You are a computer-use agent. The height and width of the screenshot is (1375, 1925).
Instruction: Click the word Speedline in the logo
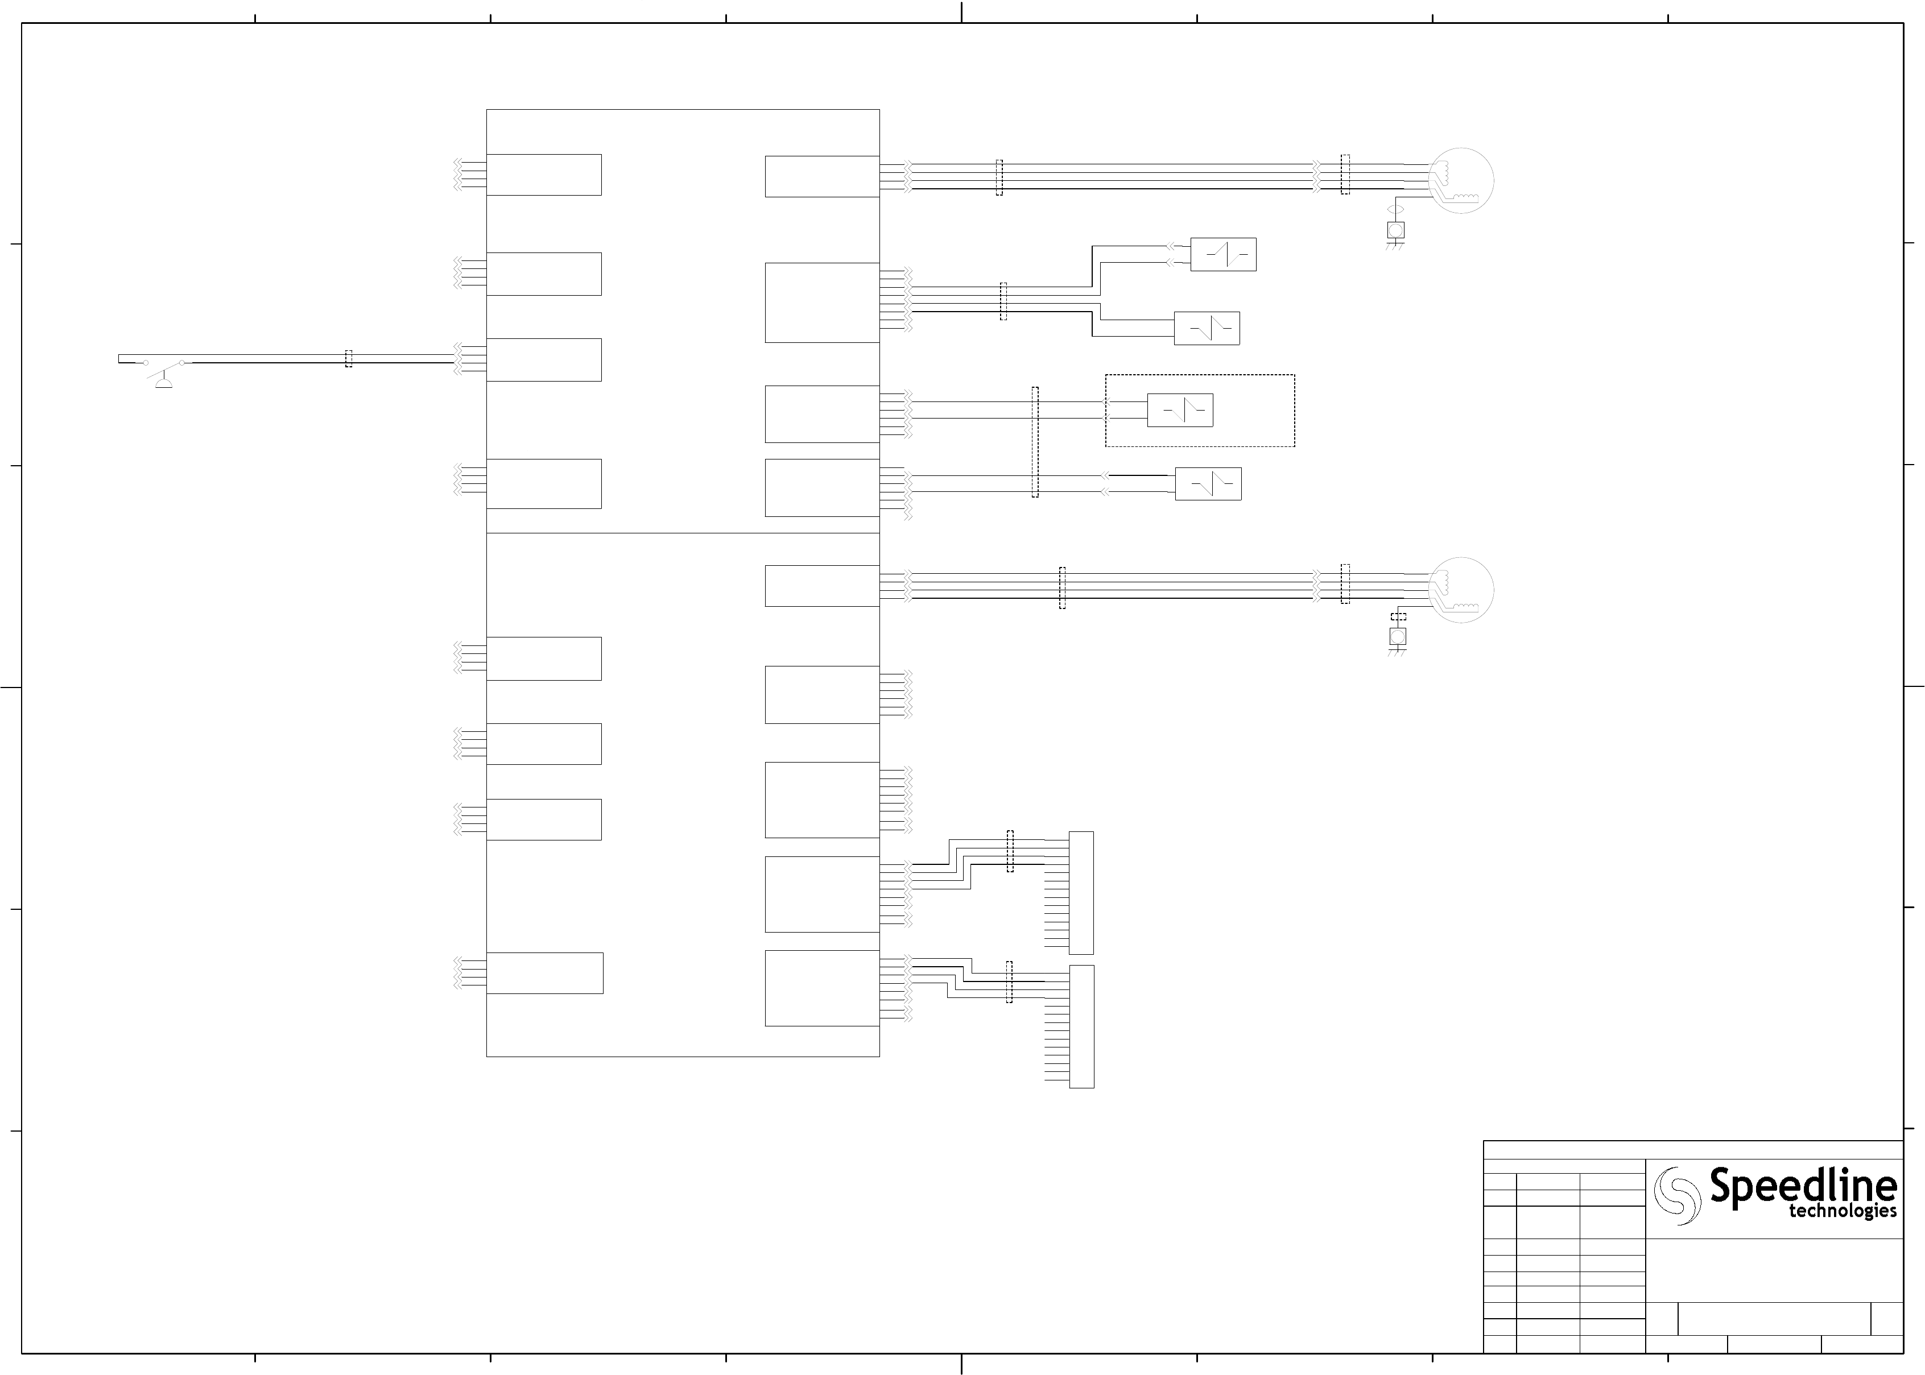point(1802,1185)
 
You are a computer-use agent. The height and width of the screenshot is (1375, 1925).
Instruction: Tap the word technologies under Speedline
point(1842,1212)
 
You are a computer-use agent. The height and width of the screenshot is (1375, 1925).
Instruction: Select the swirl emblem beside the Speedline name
point(1677,1195)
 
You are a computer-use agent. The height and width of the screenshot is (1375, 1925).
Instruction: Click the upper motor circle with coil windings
point(1461,180)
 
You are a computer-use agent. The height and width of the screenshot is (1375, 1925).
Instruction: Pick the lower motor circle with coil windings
point(1461,590)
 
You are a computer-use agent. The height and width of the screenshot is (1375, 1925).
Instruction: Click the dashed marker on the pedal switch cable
point(348,359)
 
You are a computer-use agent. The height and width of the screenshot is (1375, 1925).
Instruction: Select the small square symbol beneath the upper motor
point(1396,229)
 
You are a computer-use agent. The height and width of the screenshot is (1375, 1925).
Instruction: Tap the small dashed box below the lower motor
point(1398,617)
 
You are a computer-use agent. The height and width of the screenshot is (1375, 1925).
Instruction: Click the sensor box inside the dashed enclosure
point(1180,411)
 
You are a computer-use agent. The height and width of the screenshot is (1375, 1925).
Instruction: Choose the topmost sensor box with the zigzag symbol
point(1223,254)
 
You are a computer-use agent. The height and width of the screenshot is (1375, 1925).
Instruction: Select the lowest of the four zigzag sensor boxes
point(1208,484)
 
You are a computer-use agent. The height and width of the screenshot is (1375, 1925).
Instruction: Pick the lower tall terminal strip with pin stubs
point(1081,1026)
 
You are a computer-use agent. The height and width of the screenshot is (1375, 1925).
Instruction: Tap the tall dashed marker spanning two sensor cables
point(1034,442)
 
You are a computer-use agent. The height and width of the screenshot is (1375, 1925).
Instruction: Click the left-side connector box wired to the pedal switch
point(544,360)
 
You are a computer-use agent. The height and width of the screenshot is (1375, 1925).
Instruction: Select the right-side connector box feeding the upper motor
point(821,176)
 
